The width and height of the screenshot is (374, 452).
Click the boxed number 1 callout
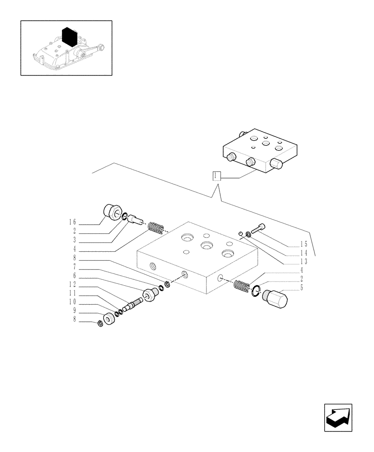(x=216, y=176)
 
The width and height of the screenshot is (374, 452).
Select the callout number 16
(x=72, y=222)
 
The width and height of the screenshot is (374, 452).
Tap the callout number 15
(x=304, y=244)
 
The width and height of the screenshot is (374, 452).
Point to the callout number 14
(x=304, y=253)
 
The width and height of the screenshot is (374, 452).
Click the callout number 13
(x=304, y=261)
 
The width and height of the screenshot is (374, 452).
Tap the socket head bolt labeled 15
(x=257, y=229)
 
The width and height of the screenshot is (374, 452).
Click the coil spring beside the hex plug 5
(x=241, y=286)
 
